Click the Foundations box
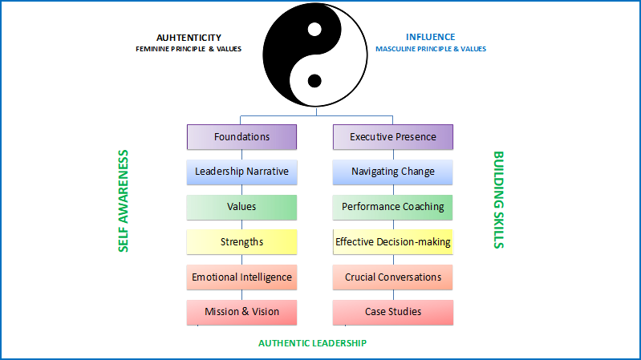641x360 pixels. (241, 137)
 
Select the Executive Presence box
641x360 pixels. (393, 137)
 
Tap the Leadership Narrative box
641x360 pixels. (241, 172)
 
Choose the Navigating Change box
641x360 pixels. (393, 172)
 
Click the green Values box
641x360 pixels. (241, 207)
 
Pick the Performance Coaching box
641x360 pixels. (393, 207)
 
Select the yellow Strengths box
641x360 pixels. (241, 242)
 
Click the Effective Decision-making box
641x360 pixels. (393, 242)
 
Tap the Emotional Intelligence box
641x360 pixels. (241, 277)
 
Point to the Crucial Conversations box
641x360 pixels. (393, 277)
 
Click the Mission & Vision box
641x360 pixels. (241, 312)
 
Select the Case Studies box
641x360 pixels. (393, 312)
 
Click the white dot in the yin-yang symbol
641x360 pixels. (314, 30)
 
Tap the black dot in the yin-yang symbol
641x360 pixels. (314, 81)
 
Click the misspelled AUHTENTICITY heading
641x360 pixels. (189, 38)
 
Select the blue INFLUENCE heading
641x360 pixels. (431, 37)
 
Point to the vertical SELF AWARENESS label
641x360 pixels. (123, 201)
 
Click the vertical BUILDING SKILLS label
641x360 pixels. (499, 200)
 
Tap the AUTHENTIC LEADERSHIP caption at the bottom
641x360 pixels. (312, 343)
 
